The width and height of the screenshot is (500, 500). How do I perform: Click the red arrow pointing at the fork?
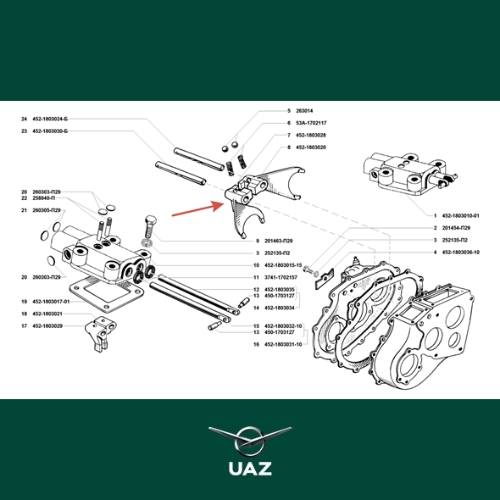198,208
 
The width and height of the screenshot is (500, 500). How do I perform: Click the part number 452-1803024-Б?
50,119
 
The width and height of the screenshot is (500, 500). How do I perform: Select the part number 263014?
304,111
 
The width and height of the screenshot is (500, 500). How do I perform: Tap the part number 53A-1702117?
311,123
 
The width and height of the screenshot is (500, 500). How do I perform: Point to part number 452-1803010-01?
460,215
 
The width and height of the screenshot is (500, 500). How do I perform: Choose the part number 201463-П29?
278,241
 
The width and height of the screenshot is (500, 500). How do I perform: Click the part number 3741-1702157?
281,277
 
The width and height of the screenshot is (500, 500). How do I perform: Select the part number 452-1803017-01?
51,302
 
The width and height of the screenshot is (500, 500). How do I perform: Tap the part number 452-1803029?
47,326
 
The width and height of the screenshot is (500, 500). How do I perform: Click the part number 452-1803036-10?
460,253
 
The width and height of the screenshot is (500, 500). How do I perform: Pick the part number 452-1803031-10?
283,344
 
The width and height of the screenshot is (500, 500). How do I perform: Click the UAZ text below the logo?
250,469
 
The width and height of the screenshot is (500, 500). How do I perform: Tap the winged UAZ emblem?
250,441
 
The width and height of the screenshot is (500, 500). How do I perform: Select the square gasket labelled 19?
107,294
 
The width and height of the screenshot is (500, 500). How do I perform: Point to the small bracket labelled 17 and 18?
101,333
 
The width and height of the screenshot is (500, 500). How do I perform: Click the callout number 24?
25,119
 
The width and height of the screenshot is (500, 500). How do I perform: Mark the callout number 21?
25,210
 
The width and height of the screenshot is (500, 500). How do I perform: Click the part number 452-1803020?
310,147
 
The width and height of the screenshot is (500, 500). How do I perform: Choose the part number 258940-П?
44,198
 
